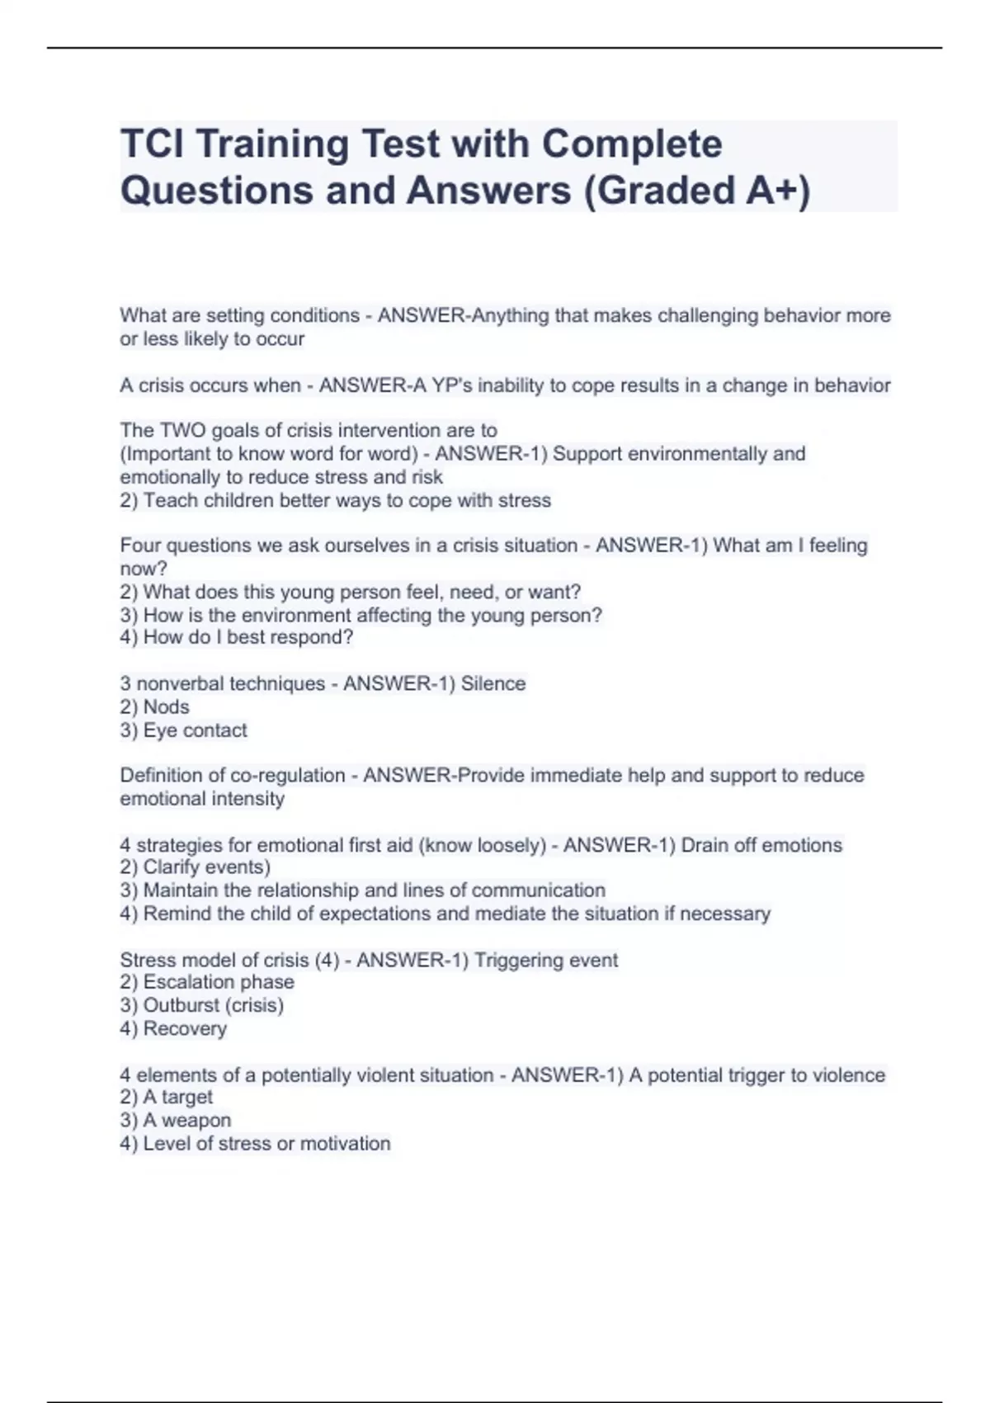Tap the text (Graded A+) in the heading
point(697,190)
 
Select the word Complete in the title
point(632,144)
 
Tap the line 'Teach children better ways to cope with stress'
point(346,500)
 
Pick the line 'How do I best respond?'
point(247,637)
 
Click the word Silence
point(493,683)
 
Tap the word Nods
point(166,706)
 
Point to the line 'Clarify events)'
point(206,867)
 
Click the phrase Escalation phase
point(218,981)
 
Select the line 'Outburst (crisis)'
point(213,1004)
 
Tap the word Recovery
point(184,1028)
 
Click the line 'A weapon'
point(186,1120)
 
